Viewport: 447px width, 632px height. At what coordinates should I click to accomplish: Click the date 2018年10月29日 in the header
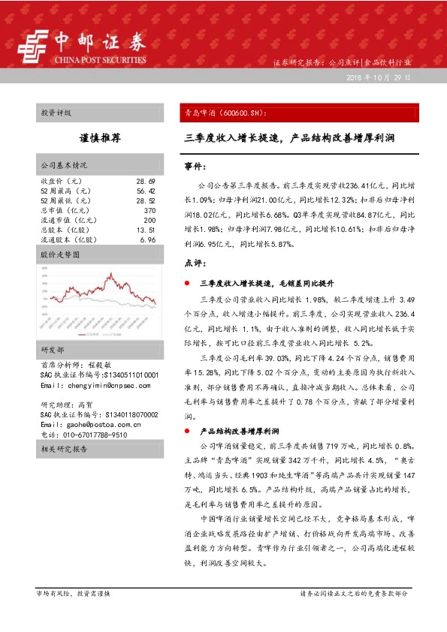coord(379,77)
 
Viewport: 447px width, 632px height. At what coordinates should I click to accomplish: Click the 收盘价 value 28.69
coord(146,182)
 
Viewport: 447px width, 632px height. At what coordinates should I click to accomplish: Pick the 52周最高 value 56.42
coord(146,191)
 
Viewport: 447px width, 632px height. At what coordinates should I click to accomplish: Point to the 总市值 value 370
coord(149,211)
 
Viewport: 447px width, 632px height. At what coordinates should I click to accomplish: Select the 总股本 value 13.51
coord(146,230)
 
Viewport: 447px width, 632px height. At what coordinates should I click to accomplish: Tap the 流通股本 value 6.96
coord(147,240)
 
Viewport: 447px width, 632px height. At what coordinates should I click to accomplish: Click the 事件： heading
coord(194,164)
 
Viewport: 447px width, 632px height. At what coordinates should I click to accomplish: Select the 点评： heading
coord(194,263)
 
